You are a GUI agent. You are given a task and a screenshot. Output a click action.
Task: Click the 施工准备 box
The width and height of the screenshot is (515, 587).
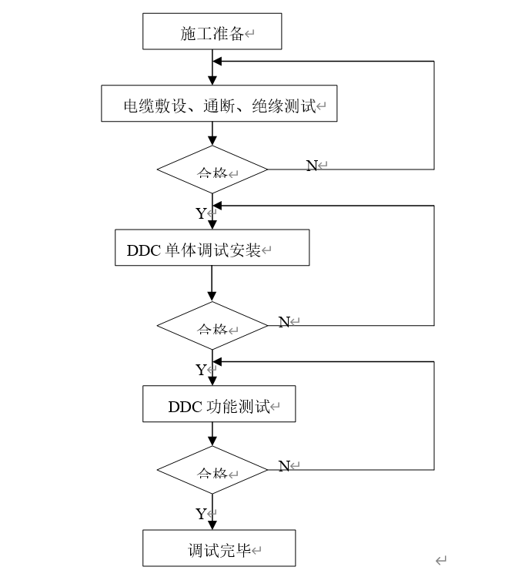point(212,32)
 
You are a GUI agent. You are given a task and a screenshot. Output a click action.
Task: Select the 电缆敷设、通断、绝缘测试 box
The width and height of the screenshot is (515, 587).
point(219,104)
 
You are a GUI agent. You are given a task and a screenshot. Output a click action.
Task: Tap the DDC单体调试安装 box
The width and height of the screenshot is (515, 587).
point(212,248)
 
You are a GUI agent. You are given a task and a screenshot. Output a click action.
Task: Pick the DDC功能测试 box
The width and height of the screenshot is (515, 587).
point(219,404)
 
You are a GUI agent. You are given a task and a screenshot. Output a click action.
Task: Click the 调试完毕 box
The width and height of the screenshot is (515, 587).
point(219,548)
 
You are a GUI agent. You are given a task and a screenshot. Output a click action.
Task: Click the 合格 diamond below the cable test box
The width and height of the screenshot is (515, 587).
point(212,169)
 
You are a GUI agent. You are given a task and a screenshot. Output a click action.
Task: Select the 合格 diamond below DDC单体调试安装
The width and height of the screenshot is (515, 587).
point(212,325)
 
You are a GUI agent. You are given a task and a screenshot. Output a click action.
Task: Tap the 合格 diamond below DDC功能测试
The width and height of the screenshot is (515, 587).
point(212,470)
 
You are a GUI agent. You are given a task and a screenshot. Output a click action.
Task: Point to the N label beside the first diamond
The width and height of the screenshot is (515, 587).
point(312,166)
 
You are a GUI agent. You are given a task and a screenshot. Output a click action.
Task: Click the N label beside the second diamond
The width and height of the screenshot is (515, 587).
point(283,322)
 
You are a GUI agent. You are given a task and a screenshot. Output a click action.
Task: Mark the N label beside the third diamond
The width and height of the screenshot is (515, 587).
point(283,466)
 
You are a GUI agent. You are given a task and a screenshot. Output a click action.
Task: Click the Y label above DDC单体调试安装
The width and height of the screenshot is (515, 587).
point(200,213)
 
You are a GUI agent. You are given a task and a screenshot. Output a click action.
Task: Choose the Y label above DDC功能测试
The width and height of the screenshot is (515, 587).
point(200,370)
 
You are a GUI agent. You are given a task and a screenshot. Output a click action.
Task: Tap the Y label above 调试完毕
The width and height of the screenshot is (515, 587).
point(200,514)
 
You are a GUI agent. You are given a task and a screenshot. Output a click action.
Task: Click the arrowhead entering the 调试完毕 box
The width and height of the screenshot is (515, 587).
point(212,525)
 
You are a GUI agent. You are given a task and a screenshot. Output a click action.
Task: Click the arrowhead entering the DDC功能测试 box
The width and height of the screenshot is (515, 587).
point(212,381)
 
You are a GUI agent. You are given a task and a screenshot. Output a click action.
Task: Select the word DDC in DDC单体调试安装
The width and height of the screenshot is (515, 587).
point(143,250)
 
